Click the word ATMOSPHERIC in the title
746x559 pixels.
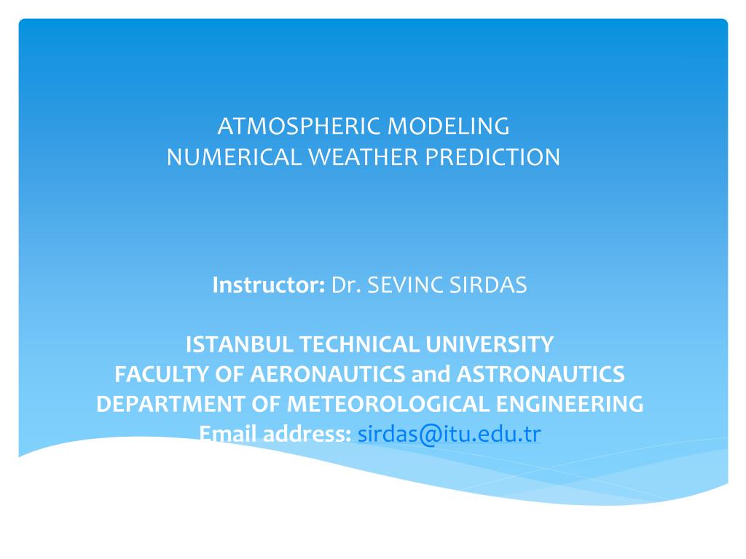[299, 127]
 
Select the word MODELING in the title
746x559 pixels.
[448, 127]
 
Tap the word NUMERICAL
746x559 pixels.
[234, 157]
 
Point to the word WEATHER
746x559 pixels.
[364, 157]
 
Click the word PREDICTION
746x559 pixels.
[492, 157]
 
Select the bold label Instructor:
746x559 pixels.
[268, 285]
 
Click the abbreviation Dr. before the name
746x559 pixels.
[346, 285]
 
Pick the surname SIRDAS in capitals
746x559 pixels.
[488, 285]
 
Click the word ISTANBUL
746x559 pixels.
[239, 344]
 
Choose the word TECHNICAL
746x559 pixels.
[359, 344]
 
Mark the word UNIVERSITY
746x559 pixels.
[490, 344]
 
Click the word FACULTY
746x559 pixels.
[161, 374]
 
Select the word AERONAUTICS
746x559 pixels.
[327, 374]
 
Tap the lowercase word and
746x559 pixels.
[431, 374]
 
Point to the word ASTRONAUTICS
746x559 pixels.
[541, 374]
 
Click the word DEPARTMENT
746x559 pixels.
[170, 404]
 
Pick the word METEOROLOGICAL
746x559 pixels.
[388, 404]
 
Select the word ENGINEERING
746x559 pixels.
[570, 404]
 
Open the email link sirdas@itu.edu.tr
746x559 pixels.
[449, 434]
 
